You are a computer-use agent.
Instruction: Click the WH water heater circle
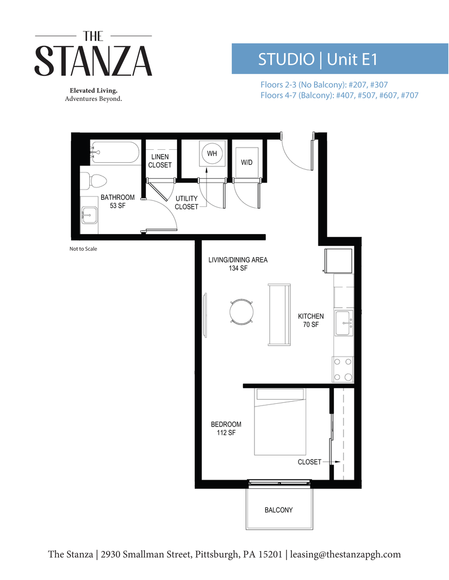pyautogui.click(x=212, y=154)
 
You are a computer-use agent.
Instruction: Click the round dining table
pyautogui.click(x=241, y=311)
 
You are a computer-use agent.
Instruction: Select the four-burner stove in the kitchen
pyautogui.click(x=343, y=369)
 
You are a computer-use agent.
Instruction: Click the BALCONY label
pyautogui.click(x=279, y=510)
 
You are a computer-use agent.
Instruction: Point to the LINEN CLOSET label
pyautogui.click(x=160, y=161)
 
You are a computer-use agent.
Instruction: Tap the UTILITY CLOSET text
pyautogui.click(x=187, y=202)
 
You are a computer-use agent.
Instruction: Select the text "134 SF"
pyautogui.click(x=238, y=269)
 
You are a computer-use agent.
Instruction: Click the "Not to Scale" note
pyautogui.click(x=83, y=249)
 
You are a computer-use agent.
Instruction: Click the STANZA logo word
pyautogui.click(x=93, y=61)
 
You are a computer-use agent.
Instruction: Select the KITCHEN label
pyautogui.click(x=311, y=317)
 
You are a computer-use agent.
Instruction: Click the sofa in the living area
pyautogui.click(x=280, y=314)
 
